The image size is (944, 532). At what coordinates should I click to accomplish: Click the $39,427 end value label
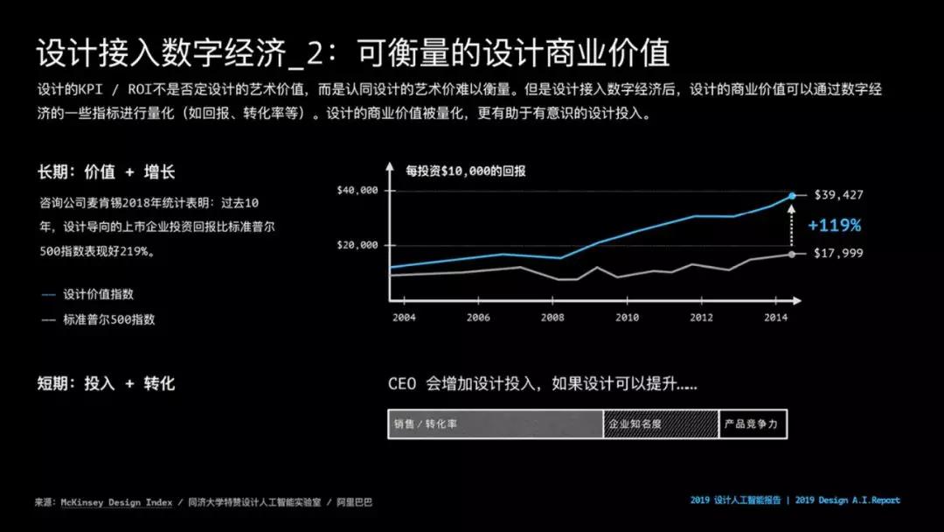tap(838, 194)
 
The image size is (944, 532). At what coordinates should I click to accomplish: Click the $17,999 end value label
tap(838, 254)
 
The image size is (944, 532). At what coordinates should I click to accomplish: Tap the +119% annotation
tap(834, 225)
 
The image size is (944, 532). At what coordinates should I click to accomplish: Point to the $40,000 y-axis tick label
tap(357, 191)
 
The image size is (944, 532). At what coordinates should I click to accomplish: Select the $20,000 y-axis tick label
tap(357, 245)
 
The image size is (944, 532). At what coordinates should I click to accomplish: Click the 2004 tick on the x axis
tap(404, 318)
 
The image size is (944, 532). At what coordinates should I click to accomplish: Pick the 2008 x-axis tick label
tap(552, 318)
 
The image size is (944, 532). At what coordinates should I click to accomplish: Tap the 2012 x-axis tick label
tap(701, 318)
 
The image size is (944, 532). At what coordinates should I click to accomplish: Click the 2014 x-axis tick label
tap(775, 318)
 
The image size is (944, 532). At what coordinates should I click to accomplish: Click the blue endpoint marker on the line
tap(792, 195)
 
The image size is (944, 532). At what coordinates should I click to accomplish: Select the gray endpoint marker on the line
tap(792, 254)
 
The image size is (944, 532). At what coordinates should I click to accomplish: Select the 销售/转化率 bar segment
tap(495, 424)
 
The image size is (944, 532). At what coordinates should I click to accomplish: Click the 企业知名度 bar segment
tap(661, 424)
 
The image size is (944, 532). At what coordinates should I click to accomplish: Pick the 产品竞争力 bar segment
tap(753, 424)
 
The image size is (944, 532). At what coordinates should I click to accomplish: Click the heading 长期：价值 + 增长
tap(106, 172)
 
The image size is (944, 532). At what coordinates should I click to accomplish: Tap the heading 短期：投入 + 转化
tap(106, 383)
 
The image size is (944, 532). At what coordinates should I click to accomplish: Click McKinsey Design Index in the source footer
tap(115, 503)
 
